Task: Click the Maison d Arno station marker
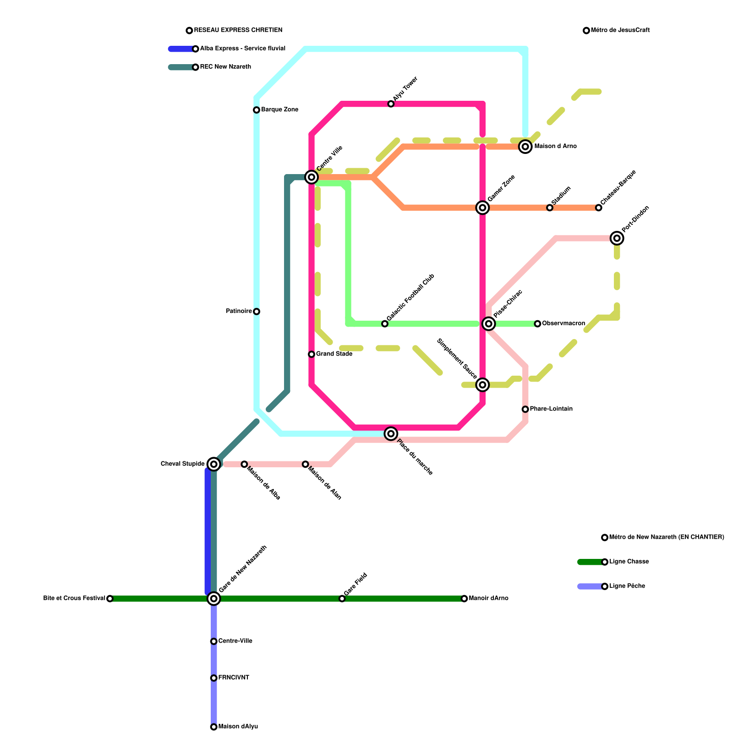[x=525, y=147]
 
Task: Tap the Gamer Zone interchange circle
[x=482, y=208]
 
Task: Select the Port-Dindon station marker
[x=617, y=238]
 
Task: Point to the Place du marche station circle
[x=391, y=433]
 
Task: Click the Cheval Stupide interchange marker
[x=213, y=464]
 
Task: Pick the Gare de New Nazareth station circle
[x=213, y=598]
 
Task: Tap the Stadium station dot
[x=550, y=208]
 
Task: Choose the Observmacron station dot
[x=537, y=324]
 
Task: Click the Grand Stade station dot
[x=312, y=354]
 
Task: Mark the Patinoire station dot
[x=257, y=312]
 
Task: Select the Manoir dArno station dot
[x=464, y=599]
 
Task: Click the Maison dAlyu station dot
[x=213, y=727]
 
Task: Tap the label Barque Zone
[x=279, y=110]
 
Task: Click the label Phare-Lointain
[x=551, y=409]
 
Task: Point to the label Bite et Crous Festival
[x=74, y=598]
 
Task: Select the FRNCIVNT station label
[x=234, y=678]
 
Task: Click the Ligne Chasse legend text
[x=629, y=562]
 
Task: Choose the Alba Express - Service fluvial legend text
[x=243, y=49]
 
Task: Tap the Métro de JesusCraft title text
[x=620, y=31]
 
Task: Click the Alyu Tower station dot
[x=391, y=104]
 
